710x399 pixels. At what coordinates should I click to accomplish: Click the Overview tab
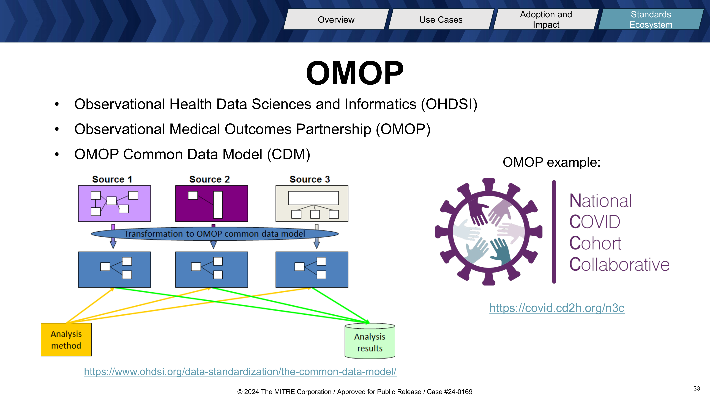(336, 19)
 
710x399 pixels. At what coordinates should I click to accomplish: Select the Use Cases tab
(441, 19)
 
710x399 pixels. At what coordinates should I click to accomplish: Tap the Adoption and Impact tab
(546, 19)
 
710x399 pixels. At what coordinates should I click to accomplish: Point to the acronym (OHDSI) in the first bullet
(449, 104)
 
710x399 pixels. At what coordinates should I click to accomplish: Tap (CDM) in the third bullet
(289, 154)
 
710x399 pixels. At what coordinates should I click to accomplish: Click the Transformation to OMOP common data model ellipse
(215, 234)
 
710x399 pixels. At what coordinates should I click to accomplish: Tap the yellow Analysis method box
(66, 340)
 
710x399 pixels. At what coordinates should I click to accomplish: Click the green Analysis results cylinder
(370, 341)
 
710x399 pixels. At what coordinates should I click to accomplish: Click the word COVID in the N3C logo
(595, 222)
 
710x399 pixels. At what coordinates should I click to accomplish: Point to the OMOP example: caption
(551, 162)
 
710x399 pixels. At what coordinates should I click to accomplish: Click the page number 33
(697, 389)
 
